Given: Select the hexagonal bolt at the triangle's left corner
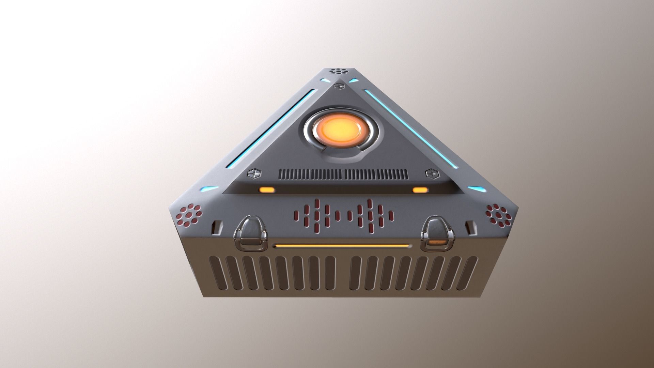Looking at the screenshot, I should tap(253, 174).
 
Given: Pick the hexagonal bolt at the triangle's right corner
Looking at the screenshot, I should tap(431, 173).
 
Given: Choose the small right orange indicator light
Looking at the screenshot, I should tap(420, 190).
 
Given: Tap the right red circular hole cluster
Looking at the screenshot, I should tap(498, 215).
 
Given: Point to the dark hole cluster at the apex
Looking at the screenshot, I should tap(338, 71).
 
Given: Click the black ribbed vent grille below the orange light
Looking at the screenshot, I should tap(343, 174).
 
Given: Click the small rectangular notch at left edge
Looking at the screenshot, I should tap(217, 228).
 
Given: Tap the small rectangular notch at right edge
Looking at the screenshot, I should tap(471, 228).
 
